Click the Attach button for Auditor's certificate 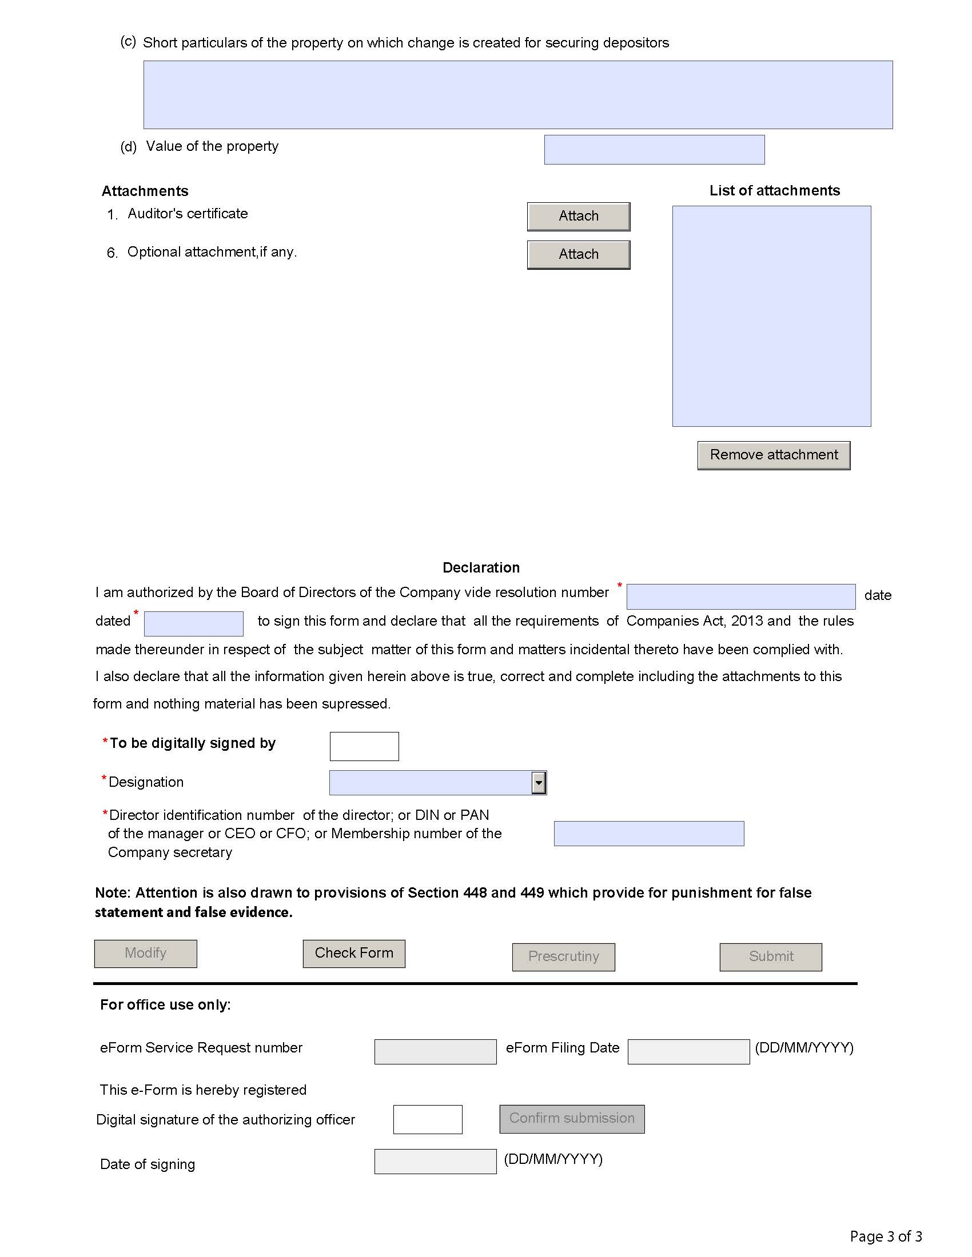click(578, 217)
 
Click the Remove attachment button click(774, 455)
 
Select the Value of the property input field click(654, 150)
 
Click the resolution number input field click(740, 597)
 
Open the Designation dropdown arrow click(539, 783)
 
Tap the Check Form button click(353, 953)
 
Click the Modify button click(146, 953)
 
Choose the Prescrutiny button click(563, 956)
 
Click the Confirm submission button click(572, 1118)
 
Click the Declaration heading click(481, 567)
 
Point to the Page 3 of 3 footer click(886, 1236)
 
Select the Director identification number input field click(648, 834)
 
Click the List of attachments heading click(774, 190)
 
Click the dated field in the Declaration click(193, 623)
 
